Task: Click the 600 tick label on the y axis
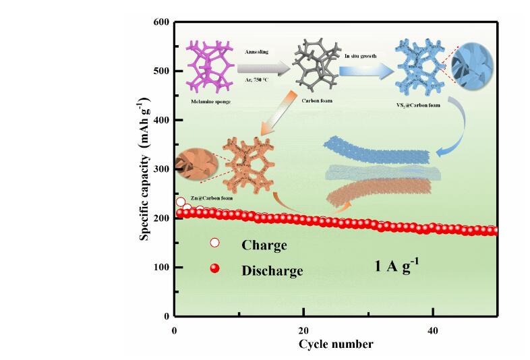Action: click(160, 22)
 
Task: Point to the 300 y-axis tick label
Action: click(160, 169)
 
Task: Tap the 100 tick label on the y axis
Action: click(160, 268)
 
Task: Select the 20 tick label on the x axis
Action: click(303, 330)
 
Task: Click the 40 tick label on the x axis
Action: click(433, 330)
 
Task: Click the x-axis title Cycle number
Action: click(336, 344)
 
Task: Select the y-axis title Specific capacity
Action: click(144, 169)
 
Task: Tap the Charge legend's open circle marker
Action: click(215, 243)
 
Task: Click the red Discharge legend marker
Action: click(215, 268)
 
